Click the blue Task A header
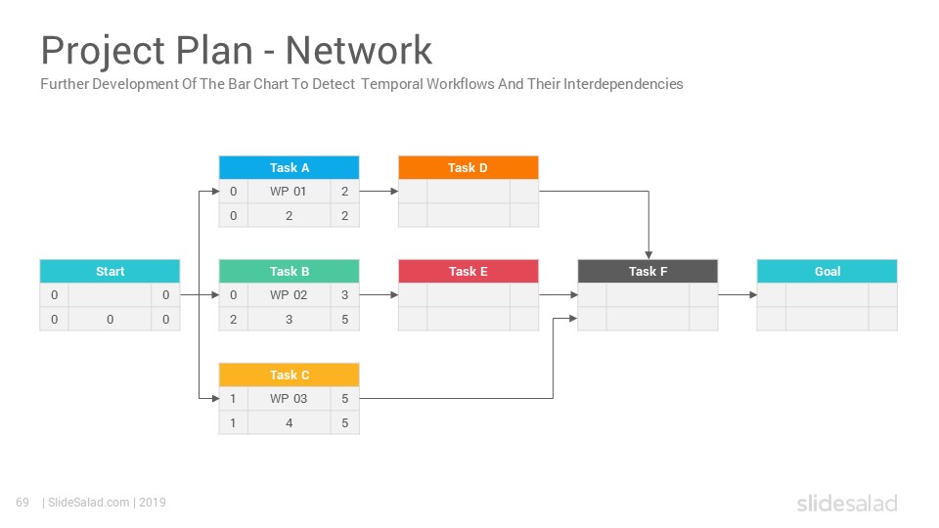click(290, 167)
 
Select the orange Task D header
click(469, 167)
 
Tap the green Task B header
click(290, 271)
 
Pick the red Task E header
click(469, 271)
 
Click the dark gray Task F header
click(648, 271)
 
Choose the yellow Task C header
click(290, 374)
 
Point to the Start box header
click(111, 271)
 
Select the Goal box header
click(827, 271)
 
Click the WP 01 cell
click(290, 192)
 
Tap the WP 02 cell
click(290, 295)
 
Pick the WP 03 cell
click(290, 399)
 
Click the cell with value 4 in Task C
click(290, 423)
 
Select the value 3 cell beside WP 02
click(345, 295)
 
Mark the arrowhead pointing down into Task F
click(648, 255)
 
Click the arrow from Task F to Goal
click(738, 294)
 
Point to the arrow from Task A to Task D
click(380, 192)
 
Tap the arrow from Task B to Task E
click(380, 294)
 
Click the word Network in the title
click(359, 50)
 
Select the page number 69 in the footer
click(22, 503)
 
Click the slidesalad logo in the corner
click(847, 503)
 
